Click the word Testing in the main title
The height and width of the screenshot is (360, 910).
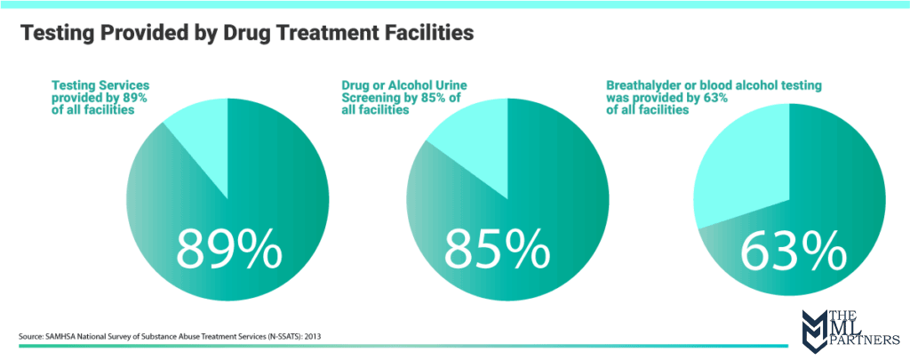(x=56, y=34)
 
